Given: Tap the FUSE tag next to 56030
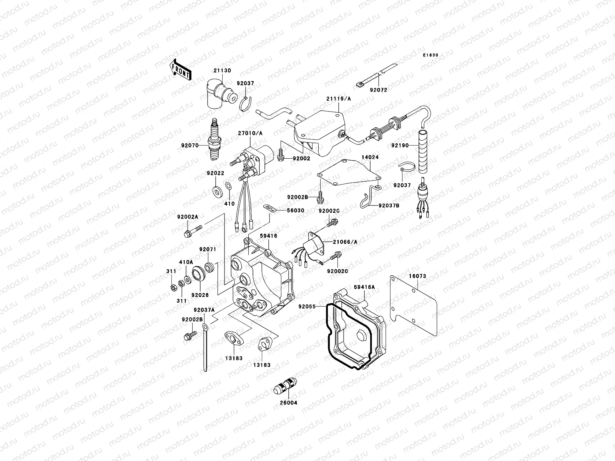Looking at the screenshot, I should [271, 208].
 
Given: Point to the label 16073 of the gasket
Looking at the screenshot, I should [417, 276].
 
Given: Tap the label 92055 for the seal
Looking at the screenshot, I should [307, 307].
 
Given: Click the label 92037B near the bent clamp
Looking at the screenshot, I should [389, 206].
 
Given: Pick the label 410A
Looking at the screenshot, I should [186, 262].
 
